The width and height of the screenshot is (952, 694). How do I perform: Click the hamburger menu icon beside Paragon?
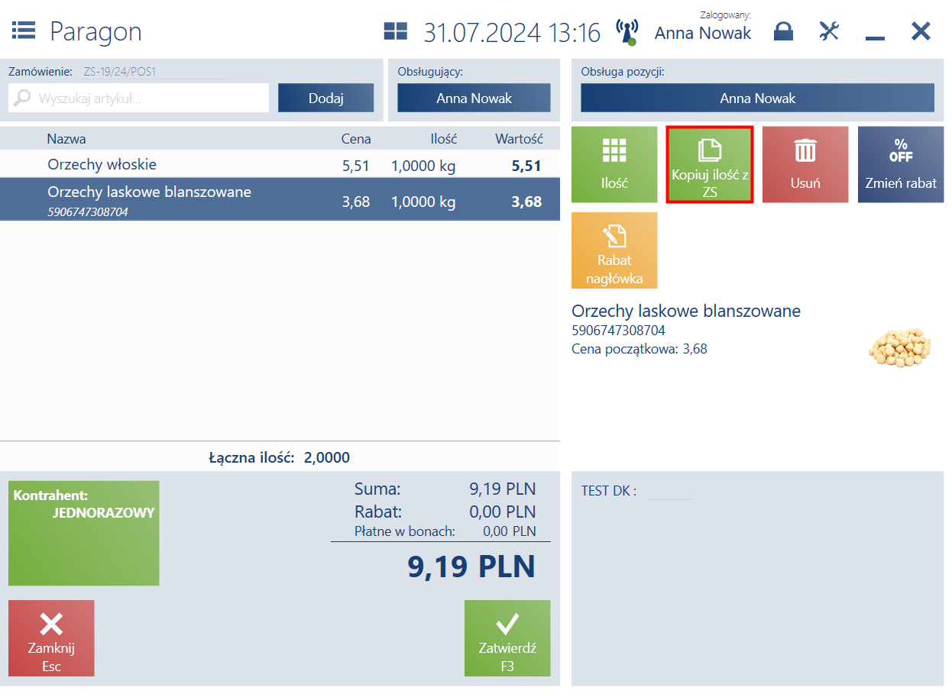click(24, 31)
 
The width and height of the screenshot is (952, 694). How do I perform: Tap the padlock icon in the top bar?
click(783, 31)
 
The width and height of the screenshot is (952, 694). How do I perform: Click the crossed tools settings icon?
click(829, 31)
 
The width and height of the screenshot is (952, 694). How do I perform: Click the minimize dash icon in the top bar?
click(875, 38)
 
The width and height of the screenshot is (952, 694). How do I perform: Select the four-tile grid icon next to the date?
click(395, 31)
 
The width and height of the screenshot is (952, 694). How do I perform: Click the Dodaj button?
click(326, 98)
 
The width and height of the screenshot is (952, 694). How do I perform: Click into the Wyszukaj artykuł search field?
click(138, 98)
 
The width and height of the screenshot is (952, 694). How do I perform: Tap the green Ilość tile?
click(614, 164)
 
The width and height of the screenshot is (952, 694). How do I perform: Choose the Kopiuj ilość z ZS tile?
click(709, 164)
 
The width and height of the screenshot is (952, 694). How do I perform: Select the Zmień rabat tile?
click(901, 164)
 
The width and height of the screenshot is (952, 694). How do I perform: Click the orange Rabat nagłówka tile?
click(614, 250)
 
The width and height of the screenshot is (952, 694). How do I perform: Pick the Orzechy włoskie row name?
click(102, 164)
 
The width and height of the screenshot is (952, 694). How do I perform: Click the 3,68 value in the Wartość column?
click(526, 202)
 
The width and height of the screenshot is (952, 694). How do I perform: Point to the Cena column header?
click(356, 139)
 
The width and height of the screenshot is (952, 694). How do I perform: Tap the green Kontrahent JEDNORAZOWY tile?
click(84, 533)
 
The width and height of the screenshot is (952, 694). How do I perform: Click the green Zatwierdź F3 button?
click(507, 638)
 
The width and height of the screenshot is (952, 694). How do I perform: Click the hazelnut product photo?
click(900, 347)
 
